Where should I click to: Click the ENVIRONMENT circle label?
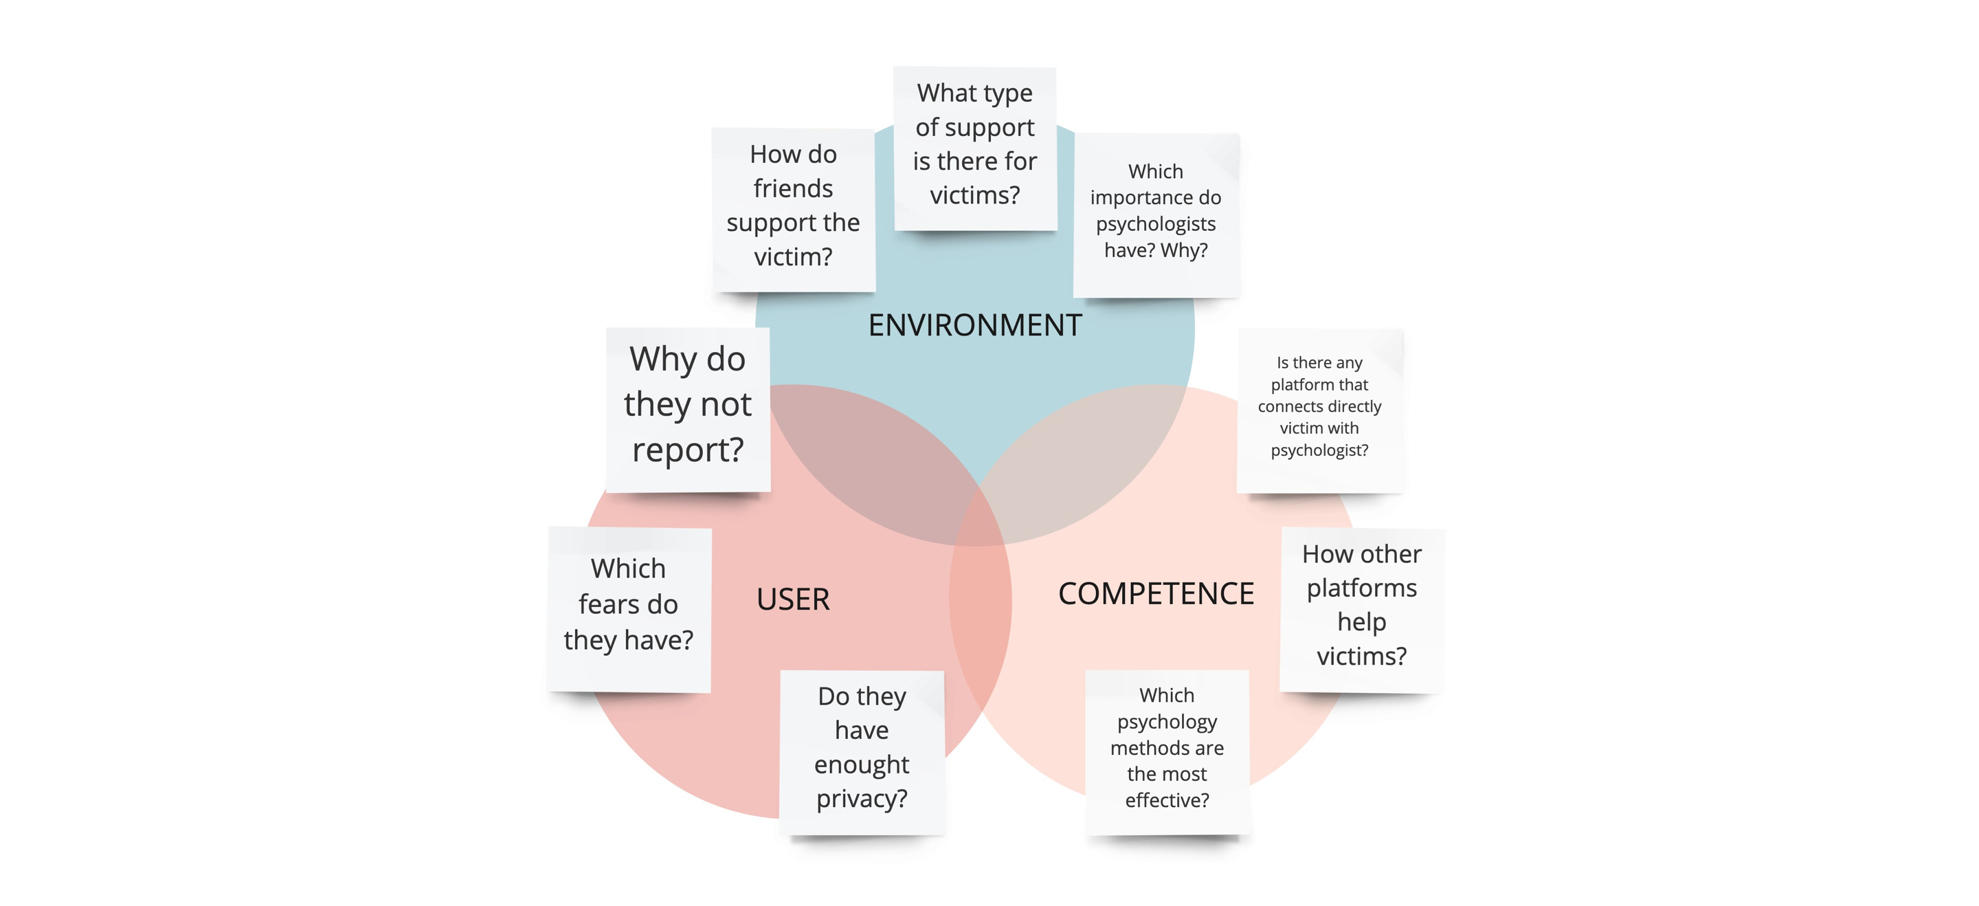coord(975,325)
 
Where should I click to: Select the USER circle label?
coord(793,599)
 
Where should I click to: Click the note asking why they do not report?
coord(688,410)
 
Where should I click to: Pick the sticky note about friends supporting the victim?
coord(794,210)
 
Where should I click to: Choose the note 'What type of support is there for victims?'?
coord(975,148)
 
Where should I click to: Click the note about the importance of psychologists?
coord(1156,215)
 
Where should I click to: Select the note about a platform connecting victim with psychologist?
coord(1320,411)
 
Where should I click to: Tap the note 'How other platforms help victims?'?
coord(1362,610)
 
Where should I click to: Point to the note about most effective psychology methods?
coord(1167,752)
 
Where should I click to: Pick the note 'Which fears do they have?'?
coord(629,609)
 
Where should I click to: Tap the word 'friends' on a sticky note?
coord(793,188)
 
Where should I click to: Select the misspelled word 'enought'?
coord(861,765)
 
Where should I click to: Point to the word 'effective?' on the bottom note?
coord(1167,800)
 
